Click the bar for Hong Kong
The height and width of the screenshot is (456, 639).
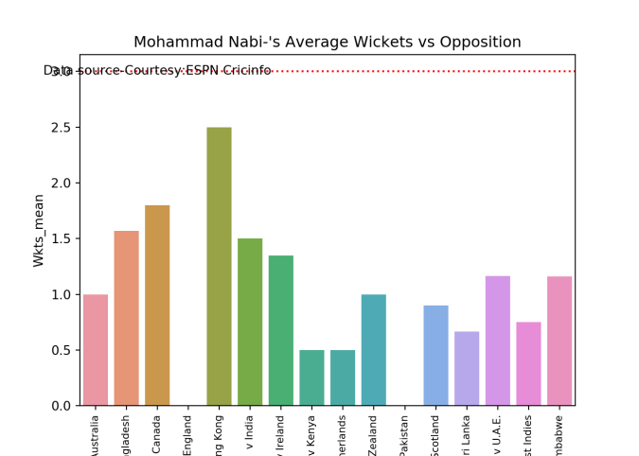pos(219,266)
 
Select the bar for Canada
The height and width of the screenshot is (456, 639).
pos(157,305)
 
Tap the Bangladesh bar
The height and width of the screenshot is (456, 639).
pos(126,318)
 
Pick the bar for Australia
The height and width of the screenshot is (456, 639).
pos(95,349)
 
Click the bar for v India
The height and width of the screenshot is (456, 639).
pos(250,322)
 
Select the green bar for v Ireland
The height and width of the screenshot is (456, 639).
pos(280,330)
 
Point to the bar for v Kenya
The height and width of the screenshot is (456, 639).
pos(311,377)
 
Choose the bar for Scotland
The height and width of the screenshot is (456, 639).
pos(435,355)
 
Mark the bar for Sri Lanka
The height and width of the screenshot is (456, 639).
pos(467,368)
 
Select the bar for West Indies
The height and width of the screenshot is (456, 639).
pos(528,363)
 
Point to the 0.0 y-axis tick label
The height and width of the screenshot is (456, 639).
pos(64,406)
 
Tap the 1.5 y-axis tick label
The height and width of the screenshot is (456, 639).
pos(64,239)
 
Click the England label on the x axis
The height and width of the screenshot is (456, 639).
pos(187,437)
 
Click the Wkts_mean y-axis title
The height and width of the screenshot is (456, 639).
pos(39,230)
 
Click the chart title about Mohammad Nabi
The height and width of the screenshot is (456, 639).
pos(327,43)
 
